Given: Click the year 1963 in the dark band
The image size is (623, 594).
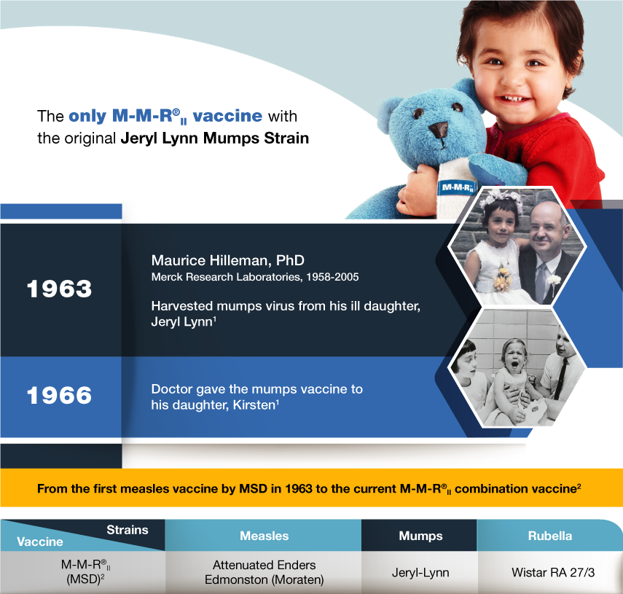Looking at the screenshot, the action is click(x=59, y=289).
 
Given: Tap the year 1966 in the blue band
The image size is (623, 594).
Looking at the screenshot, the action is click(x=59, y=395).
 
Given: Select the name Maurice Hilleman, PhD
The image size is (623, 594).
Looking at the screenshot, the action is click(x=227, y=260).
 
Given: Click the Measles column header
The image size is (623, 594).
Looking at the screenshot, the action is click(x=265, y=536).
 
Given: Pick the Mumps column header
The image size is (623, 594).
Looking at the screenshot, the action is click(x=420, y=536).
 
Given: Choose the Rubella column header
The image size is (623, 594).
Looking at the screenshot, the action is click(x=550, y=536).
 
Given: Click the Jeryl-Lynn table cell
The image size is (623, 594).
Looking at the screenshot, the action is click(x=420, y=573).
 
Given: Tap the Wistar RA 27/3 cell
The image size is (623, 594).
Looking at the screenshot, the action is click(x=553, y=572).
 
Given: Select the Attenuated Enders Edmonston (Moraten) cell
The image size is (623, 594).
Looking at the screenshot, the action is click(x=265, y=572).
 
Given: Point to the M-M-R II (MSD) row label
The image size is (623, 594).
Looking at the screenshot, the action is click(x=85, y=572).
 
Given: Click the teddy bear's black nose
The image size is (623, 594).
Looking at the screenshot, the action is click(x=438, y=130).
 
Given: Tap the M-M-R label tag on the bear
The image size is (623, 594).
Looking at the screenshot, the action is click(x=458, y=187).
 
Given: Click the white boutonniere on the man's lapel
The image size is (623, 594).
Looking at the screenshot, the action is click(x=554, y=280).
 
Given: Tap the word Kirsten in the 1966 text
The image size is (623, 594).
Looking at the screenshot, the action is click(x=254, y=405).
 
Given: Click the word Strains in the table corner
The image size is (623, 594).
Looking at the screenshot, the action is click(x=127, y=530).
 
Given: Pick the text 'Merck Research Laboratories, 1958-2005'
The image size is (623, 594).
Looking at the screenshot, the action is click(x=255, y=277).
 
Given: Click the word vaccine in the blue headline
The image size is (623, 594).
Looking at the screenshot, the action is click(x=227, y=116).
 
